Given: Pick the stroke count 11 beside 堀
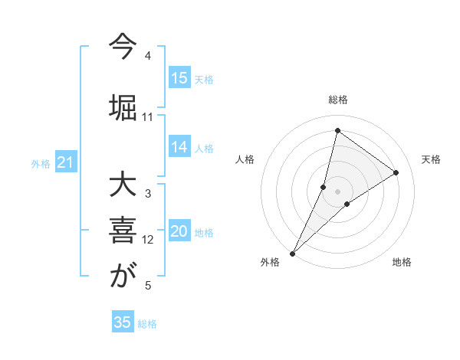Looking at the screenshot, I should tap(148, 117).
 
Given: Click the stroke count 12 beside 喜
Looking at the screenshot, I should tap(148, 240).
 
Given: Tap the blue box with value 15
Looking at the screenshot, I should tap(179, 78).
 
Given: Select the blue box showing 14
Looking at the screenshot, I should tap(179, 147).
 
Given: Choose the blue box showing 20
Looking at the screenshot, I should tap(179, 231).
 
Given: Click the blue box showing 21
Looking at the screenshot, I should tap(66, 162).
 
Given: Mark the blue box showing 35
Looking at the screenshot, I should tap(123, 322).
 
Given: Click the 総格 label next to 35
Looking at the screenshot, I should tap(147, 324).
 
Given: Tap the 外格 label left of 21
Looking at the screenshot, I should tap(40, 164).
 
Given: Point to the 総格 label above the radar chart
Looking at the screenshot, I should tap(338, 100).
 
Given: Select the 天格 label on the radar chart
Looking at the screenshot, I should tap(431, 159).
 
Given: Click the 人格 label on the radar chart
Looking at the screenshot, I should tap(245, 159).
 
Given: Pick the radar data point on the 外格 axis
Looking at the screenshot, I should tap(292, 253).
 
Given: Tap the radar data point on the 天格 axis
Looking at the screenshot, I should tap(396, 172).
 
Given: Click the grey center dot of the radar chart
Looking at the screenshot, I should tap(338, 191).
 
